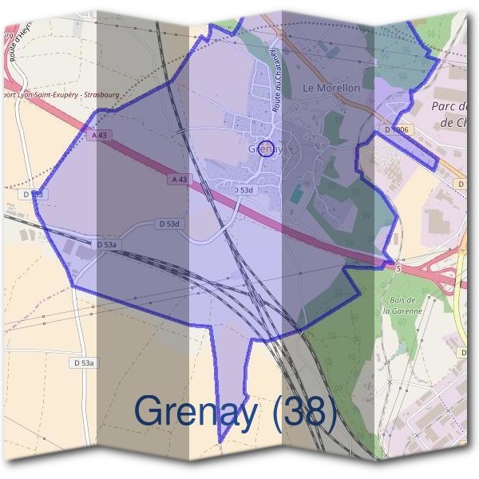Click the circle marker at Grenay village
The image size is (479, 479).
[267, 148]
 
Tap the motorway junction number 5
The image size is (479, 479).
[398, 269]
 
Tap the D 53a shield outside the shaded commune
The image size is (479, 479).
[84, 362]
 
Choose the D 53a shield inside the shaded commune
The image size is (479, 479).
[106, 244]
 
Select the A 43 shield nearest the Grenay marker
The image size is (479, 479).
[180, 180]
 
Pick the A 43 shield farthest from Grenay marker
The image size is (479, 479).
[100, 136]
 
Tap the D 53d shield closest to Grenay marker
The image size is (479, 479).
[243, 190]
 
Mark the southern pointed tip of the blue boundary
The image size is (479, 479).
[221, 441]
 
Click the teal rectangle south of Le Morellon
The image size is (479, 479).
[296, 193]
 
